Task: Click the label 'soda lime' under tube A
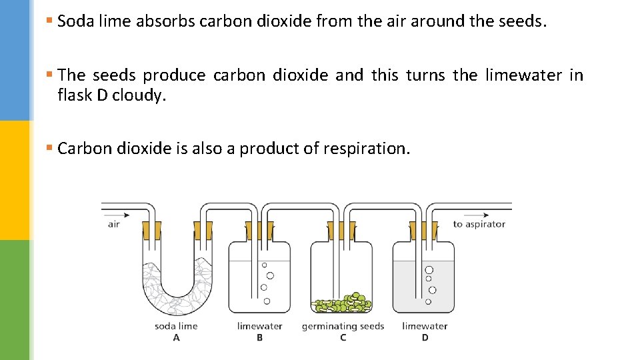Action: [x=176, y=326]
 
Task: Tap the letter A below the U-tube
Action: [x=176, y=337]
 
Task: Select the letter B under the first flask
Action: [x=259, y=337]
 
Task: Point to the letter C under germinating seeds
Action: [x=343, y=337]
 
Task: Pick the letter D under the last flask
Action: [x=425, y=337]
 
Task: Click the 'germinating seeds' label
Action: [x=343, y=326]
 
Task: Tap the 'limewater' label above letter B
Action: [x=259, y=326]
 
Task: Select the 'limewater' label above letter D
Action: [x=425, y=326]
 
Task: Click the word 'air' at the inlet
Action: [x=114, y=224]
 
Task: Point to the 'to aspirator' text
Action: [x=479, y=224]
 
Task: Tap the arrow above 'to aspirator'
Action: [x=477, y=215]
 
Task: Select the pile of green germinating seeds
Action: [x=343, y=303]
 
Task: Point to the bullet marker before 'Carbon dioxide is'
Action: [x=49, y=147]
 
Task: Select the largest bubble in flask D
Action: [x=429, y=270]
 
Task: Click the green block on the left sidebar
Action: [x=15, y=300]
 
